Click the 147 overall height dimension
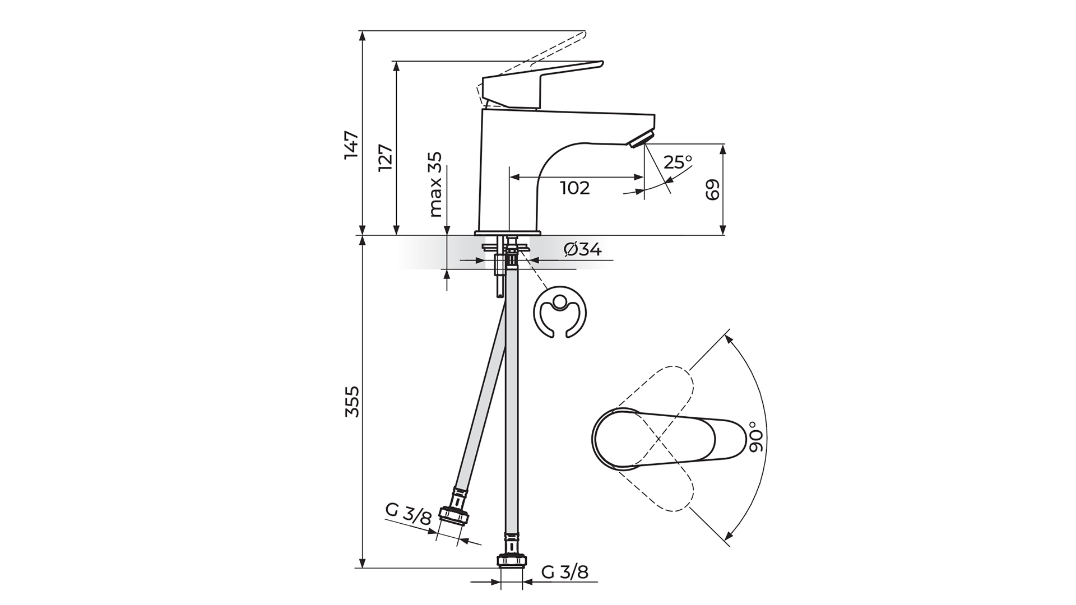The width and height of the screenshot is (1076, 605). pos(351,146)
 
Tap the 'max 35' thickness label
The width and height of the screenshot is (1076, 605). pos(435,185)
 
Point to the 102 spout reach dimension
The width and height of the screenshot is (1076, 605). pos(576,188)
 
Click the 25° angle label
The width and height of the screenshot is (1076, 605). pos(678,162)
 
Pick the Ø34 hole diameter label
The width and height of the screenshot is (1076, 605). pos(583,249)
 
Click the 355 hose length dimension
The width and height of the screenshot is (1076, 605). pos(351,401)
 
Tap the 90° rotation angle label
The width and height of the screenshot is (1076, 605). pos(757,438)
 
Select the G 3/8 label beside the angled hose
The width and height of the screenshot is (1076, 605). pos(409,514)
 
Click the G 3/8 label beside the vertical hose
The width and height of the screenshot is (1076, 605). pos(565,573)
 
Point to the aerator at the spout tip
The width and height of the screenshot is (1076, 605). pos(641,138)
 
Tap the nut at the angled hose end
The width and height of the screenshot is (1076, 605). pos(453,515)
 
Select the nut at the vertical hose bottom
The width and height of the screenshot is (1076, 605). pos(512,561)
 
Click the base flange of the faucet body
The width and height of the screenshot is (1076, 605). pos(508,232)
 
